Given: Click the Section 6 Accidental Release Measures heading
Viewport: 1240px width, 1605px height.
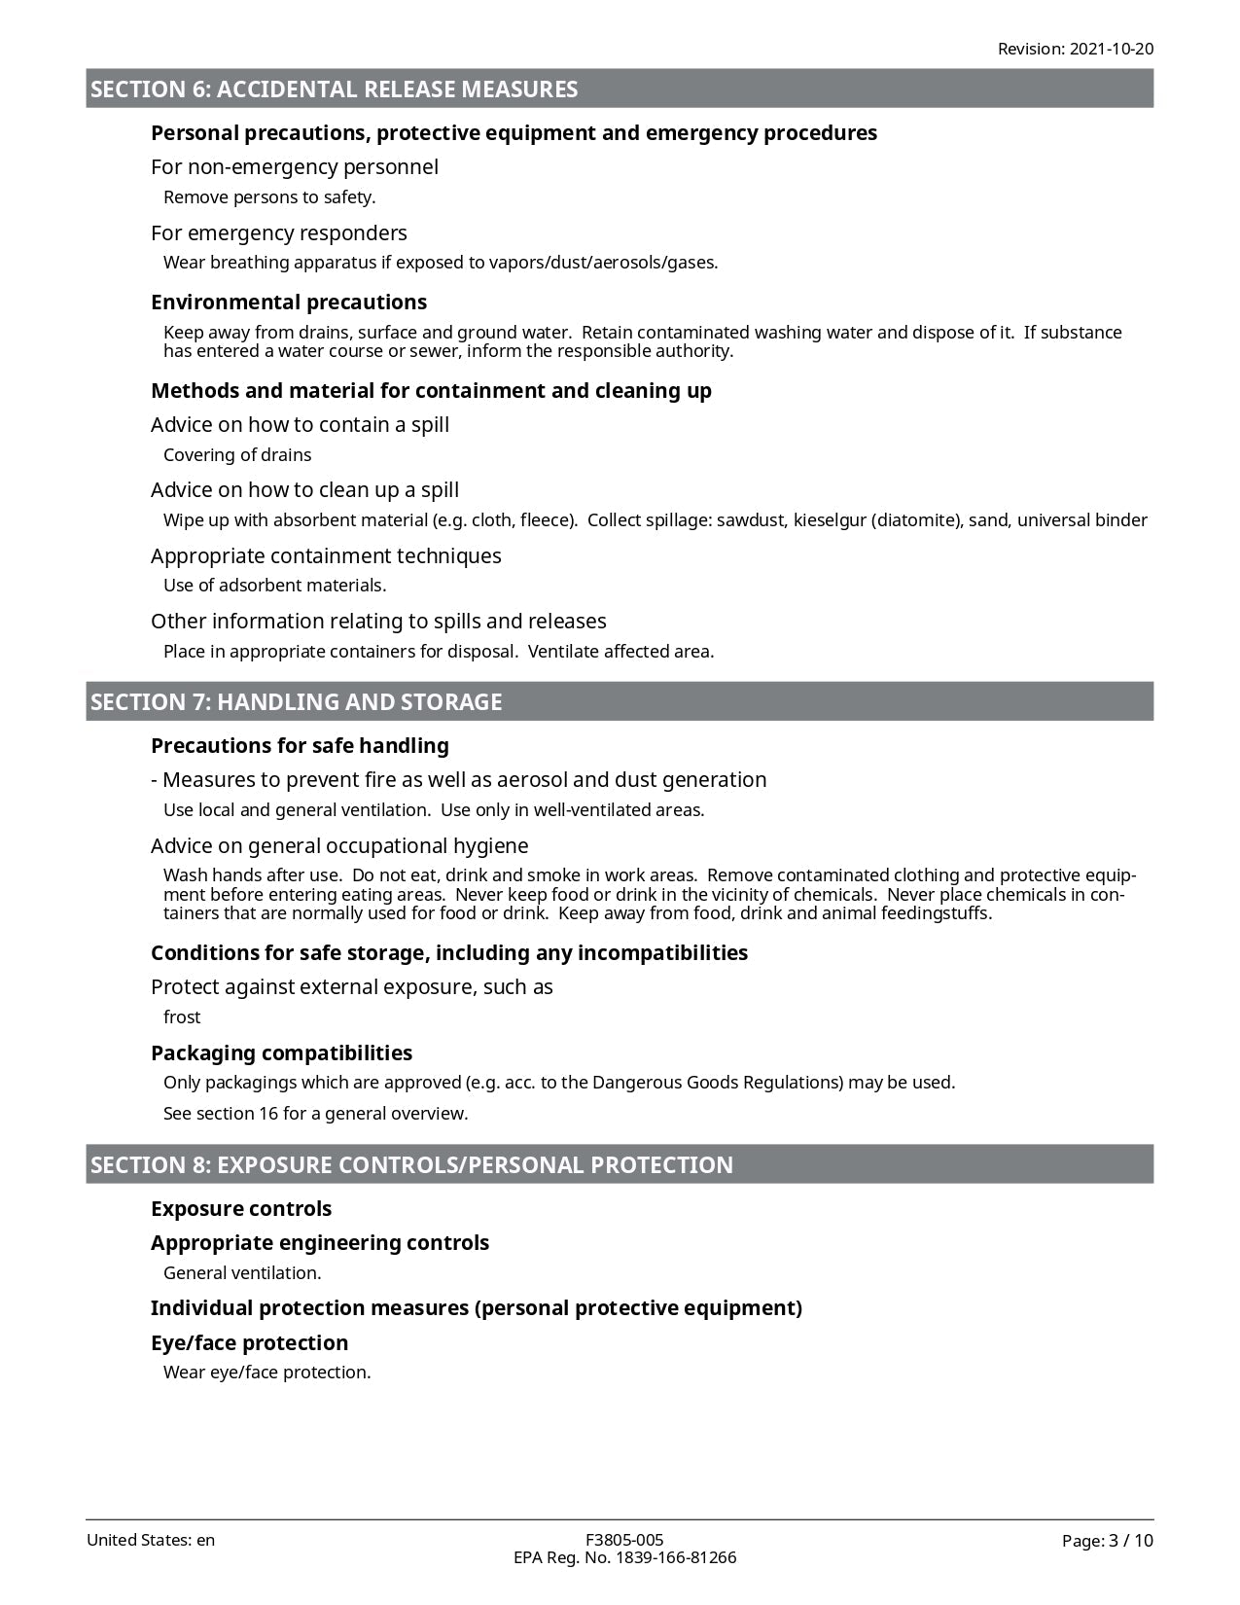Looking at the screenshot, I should pyautogui.click(x=335, y=89).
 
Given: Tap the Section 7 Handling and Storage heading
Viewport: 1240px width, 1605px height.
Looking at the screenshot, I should pyautogui.click(x=297, y=702).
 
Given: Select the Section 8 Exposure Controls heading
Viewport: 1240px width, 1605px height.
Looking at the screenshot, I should pyautogui.click(x=411, y=1165).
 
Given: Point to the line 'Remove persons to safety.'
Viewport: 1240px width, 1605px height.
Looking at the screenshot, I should pyautogui.click(x=269, y=197).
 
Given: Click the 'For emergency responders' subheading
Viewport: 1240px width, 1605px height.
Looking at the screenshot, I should pyautogui.click(x=279, y=233).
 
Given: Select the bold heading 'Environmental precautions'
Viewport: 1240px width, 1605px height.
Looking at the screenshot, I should pyautogui.click(x=289, y=303).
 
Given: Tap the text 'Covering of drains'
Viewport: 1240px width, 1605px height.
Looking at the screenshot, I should pyautogui.click(x=237, y=455).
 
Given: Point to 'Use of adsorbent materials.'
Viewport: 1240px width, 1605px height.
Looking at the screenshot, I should pyautogui.click(x=275, y=586).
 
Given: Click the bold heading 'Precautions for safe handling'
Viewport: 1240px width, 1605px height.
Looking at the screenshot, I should pyautogui.click(x=300, y=746).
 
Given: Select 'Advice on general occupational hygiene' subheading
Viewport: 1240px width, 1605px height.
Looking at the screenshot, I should pyautogui.click(x=339, y=846).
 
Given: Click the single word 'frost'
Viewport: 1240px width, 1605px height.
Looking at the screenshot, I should pyautogui.click(x=182, y=1017).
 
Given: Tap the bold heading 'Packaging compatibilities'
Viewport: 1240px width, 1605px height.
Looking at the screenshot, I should pyautogui.click(x=281, y=1053).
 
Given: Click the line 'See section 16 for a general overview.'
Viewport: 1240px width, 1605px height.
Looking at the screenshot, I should pyautogui.click(x=316, y=1114).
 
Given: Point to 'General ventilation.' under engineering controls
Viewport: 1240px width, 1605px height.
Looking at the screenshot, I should pyautogui.click(x=242, y=1273).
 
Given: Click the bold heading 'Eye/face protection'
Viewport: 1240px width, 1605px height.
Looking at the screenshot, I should pyautogui.click(x=249, y=1343).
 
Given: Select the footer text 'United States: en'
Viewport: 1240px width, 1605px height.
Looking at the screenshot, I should pyautogui.click(x=151, y=1540).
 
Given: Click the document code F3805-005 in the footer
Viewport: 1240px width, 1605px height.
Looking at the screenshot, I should pyautogui.click(x=624, y=1540).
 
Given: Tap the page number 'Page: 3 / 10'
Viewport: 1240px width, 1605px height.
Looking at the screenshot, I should pyautogui.click(x=1107, y=1541).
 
